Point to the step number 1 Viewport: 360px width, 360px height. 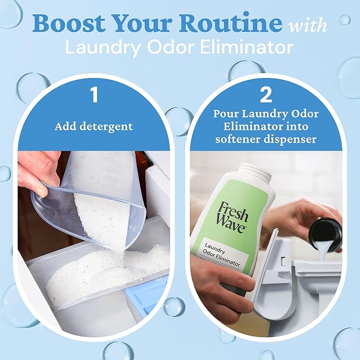point(94,95)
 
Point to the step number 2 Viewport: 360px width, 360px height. point(266,95)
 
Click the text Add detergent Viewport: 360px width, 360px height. point(94,127)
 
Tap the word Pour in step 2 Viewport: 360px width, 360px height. point(226,114)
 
